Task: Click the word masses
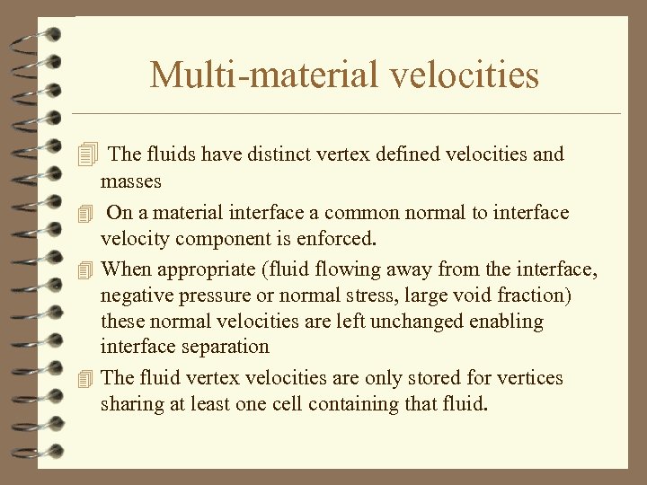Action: click(x=131, y=181)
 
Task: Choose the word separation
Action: click(x=223, y=347)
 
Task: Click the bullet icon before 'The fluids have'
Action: click(x=86, y=155)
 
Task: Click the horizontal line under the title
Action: click(x=346, y=114)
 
